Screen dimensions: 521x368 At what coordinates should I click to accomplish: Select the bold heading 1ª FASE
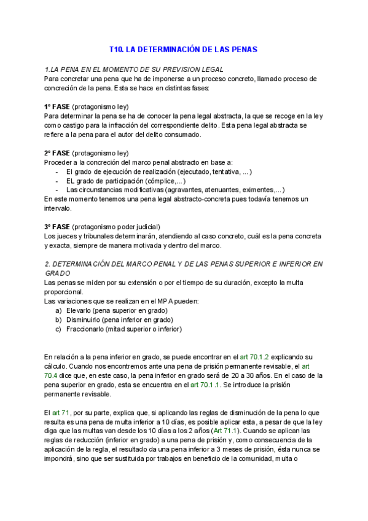57,106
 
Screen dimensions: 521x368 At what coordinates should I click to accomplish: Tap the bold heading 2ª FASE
57,152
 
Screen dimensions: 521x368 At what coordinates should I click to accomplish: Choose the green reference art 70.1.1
210,385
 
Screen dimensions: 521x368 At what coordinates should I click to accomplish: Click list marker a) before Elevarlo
59,310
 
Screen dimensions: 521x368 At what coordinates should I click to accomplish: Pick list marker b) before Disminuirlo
59,319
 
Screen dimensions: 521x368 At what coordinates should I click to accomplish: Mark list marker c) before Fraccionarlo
59,329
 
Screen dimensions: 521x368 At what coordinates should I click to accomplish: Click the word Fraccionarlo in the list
87,329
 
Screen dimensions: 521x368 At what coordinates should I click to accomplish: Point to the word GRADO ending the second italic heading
58,273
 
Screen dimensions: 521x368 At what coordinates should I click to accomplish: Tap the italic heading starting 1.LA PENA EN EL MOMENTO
134,69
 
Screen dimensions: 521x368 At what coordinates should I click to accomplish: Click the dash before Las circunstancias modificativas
57,190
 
